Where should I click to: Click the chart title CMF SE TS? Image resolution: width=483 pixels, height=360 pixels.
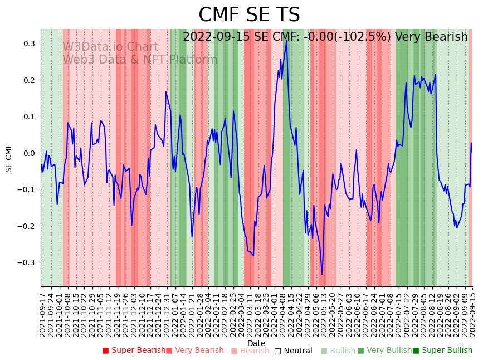(x=249, y=15)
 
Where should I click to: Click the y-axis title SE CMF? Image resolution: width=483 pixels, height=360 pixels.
(x=9, y=158)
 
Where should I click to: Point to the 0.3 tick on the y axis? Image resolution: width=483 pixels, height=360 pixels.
(x=28, y=43)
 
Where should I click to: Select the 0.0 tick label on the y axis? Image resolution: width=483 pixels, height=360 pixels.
(x=28, y=153)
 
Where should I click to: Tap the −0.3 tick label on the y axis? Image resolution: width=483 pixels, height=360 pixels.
(x=26, y=262)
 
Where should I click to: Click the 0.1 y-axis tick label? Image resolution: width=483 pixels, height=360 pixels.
(x=28, y=116)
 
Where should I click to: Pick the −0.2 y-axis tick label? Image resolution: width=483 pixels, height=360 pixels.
(x=26, y=226)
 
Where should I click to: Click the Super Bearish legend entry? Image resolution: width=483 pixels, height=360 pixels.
(x=134, y=351)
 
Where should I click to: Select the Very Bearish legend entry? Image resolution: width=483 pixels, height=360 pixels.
(x=194, y=351)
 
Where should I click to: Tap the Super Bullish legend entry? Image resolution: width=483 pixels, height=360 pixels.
(x=442, y=351)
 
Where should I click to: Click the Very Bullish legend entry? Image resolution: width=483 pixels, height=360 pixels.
(x=384, y=351)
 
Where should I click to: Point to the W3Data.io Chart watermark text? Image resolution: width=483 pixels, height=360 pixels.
(x=110, y=47)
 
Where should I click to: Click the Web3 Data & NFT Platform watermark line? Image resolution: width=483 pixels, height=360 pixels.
(x=140, y=60)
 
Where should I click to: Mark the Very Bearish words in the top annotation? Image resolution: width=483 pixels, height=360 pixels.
(x=431, y=37)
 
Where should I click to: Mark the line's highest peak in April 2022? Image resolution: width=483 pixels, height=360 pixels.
(x=286, y=40)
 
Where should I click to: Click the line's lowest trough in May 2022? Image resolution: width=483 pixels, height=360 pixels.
(x=322, y=274)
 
